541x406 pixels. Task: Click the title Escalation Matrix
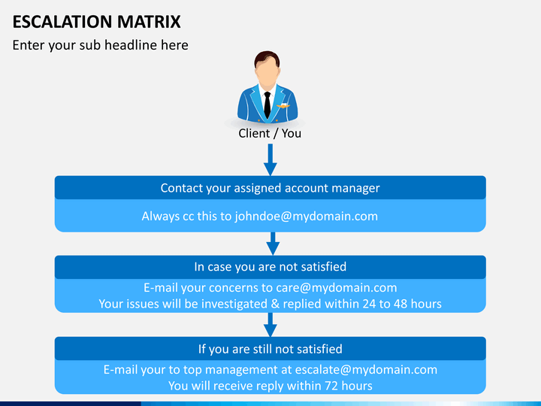(x=97, y=22)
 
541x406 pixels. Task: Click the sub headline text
(x=101, y=45)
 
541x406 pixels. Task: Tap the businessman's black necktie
(x=267, y=105)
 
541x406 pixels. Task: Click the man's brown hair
(x=267, y=58)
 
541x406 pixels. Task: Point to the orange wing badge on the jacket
(x=283, y=106)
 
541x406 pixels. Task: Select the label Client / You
(x=270, y=133)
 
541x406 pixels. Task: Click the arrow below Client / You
(x=270, y=159)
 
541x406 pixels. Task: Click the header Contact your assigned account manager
(x=270, y=188)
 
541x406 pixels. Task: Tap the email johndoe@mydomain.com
(x=307, y=217)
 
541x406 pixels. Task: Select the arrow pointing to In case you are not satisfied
(x=273, y=244)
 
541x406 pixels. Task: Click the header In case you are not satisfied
(x=270, y=266)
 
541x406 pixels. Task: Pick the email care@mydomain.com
(x=337, y=287)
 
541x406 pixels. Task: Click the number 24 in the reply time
(x=369, y=304)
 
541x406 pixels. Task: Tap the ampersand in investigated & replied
(x=275, y=304)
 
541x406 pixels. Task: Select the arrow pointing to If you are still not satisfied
(x=270, y=325)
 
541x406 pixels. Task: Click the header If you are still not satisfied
(x=270, y=349)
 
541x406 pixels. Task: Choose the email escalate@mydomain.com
(x=366, y=370)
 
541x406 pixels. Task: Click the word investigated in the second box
(x=234, y=304)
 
